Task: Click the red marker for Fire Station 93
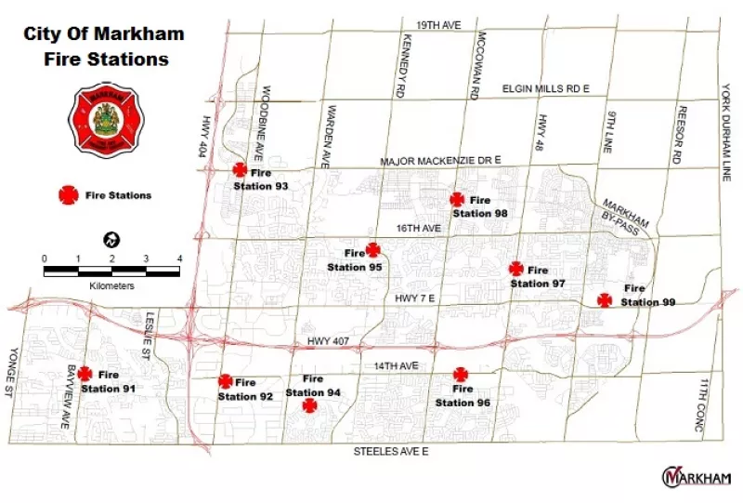pyautogui.click(x=240, y=169)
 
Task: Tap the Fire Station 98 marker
pyautogui.click(x=457, y=199)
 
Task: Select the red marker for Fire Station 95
pyautogui.click(x=372, y=249)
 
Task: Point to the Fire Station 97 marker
pyautogui.click(x=516, y=269)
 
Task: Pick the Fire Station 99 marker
pyautogui.click(x=605, y=299)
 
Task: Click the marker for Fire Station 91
pyautogui.click(x=85, y=373)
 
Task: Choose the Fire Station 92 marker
pyautogui.click(x=225, y=380)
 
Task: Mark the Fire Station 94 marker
pyautogui.click(x=309, y=404)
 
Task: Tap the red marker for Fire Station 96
pyautogui.click(x=461, y=375)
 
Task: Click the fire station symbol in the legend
pyautogui.click(x=68, y=195)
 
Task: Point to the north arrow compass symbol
pyautogui.click(x=111, y=240)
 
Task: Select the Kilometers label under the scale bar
pyautogui.click(x=112, y=286)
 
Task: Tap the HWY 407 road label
pyautogui.click(x=329, y=343)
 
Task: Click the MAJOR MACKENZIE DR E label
pyautogui.click(x=440, y=161)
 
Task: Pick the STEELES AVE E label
pyautogui.click(x=390, y=451)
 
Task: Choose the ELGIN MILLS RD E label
pyautogui.click(x=546, y=87)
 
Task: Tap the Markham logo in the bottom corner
pyautogui.click(x=696, y=476)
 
